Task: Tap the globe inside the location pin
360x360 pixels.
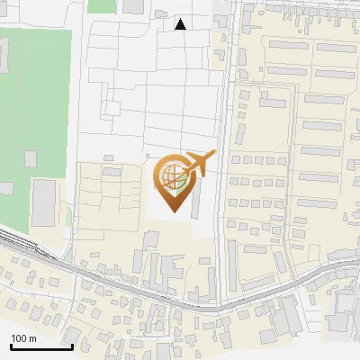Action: click(174, 177)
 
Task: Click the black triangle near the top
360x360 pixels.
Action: click(180, 24)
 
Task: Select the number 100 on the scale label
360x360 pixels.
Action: click(20, 338)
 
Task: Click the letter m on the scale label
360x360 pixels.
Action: click(34, 338)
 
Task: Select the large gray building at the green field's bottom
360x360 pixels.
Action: click(44, 202)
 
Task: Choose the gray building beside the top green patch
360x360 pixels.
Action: click(134, 5)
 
